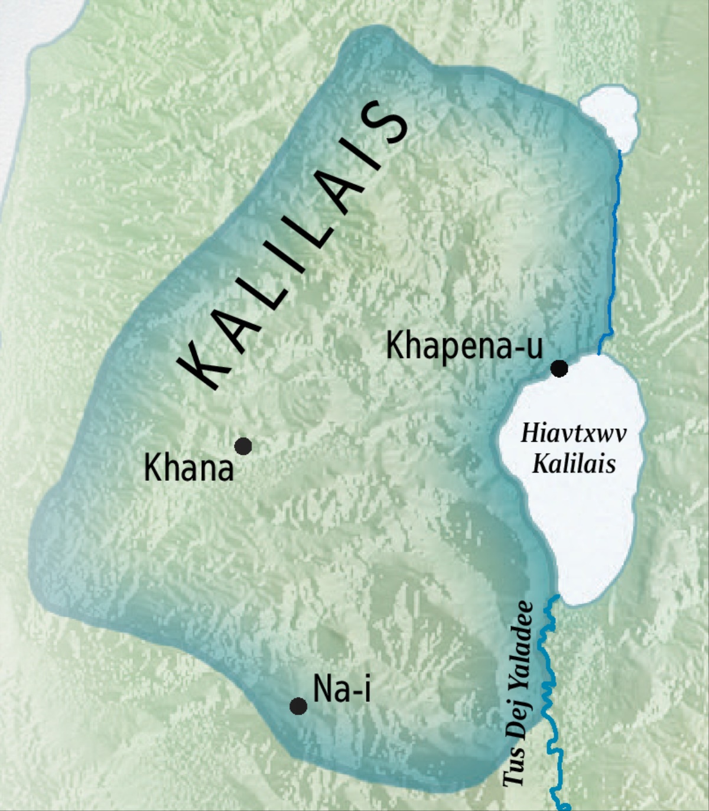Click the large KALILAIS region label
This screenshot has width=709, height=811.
tap(293, 248)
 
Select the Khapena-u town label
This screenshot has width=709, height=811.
tap(464, 346)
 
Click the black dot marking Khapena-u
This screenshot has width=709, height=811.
tap(559, 369)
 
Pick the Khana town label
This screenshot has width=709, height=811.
tap(188, 469)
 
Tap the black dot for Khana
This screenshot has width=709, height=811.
tap(243, 446)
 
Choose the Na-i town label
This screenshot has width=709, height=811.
tap(342, 689)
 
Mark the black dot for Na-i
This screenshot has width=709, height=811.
tap(298, 706)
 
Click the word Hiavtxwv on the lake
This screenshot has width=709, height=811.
tap(573, 435)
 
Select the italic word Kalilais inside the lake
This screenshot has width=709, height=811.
tap(574, 464)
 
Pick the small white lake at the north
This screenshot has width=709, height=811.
tap(610, 116)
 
